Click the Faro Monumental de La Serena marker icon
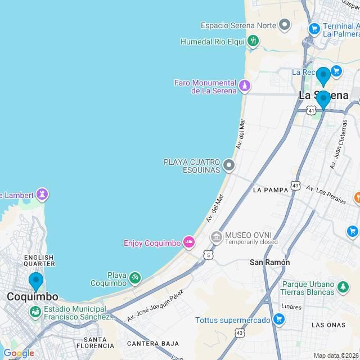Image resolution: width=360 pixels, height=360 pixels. click(244, 86)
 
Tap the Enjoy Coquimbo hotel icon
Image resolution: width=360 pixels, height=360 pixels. click(189, 243)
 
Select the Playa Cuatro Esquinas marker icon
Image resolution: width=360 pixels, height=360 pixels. click(228, 165)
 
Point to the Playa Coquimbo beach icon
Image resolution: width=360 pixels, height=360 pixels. click(134, 277)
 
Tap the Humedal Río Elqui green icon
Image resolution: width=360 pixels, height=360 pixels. click(253, 41)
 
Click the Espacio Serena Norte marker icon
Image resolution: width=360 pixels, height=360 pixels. click(285, 25)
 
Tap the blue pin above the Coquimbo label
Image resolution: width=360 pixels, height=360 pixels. click(36, 281)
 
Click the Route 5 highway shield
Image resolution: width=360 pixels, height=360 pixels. click(209, 255)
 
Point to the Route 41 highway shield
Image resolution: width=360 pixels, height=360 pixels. click(311, 111)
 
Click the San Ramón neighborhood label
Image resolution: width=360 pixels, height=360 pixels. click(270, 262)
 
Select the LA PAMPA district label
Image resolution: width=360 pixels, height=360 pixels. click(271, 190)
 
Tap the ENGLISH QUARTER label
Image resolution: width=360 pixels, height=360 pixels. click(39, 261)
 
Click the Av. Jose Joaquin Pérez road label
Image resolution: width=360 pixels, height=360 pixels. click(155, 306)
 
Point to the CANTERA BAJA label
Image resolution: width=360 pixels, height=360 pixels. click(152, 343)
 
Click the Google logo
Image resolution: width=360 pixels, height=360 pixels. click(18, 353)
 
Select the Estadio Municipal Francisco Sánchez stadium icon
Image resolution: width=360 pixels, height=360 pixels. click(35, 310)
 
